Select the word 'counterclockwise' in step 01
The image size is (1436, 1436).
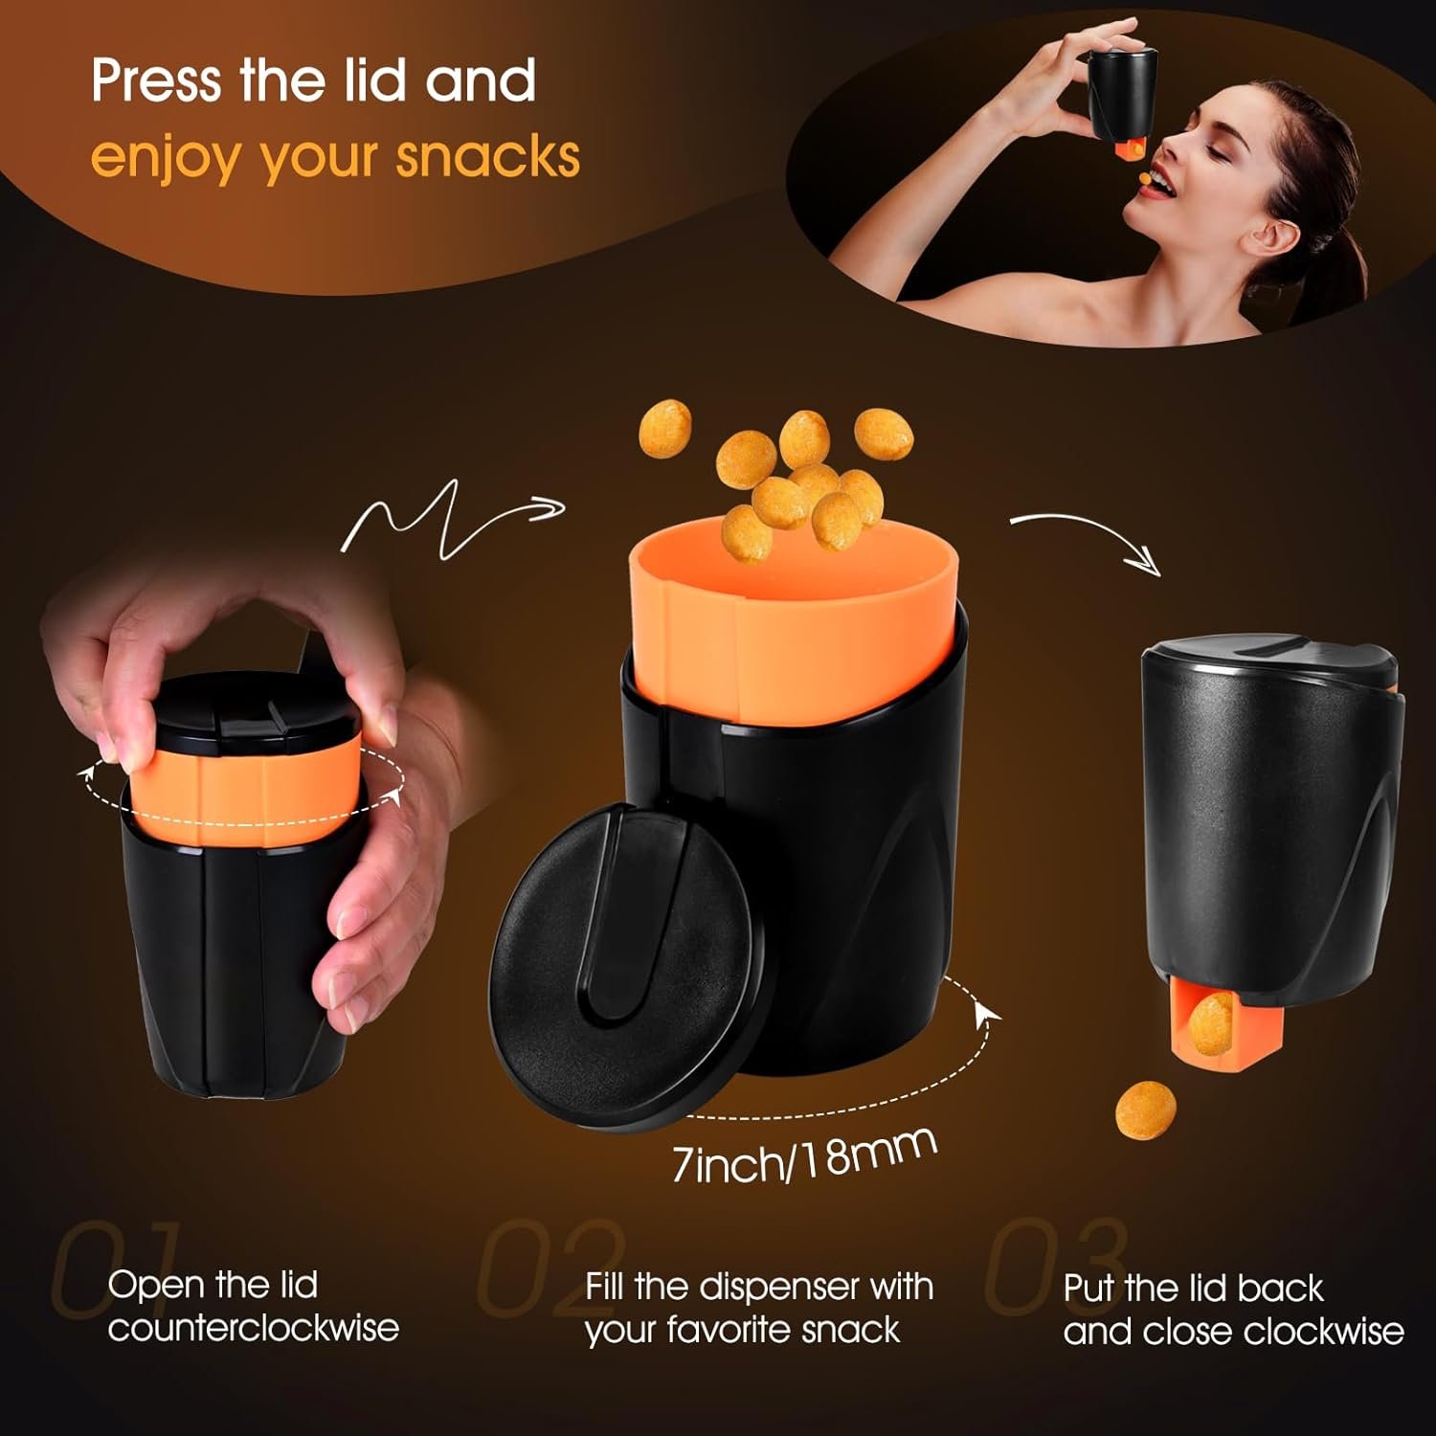(253, 1328)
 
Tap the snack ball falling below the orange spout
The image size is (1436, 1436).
(1146, 1111)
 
